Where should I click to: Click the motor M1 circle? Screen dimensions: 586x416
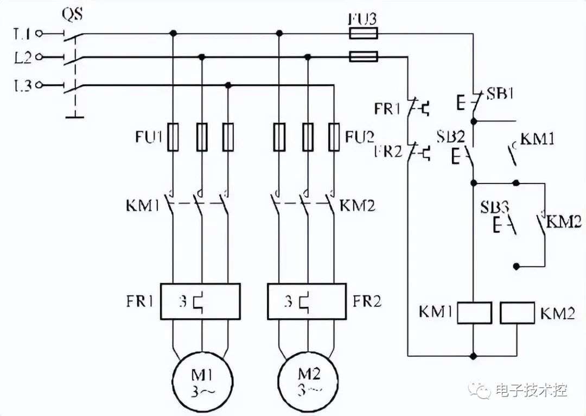click(173, 382)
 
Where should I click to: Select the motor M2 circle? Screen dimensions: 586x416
click(279, 382)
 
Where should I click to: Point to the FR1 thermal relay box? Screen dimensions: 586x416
click(200, 283)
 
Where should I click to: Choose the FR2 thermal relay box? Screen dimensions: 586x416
click(307, 283)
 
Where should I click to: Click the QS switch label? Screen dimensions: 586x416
click(72, 14)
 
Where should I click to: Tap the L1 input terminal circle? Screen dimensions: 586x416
click(39, 34)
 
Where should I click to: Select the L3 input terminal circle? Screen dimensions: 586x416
click(39, 85)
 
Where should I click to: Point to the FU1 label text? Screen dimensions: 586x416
click(148, 137)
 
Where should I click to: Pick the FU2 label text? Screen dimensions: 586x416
click(360, 137)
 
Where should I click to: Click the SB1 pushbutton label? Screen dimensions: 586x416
click(500, 93)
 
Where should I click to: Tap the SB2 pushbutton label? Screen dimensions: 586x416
click(451, 137)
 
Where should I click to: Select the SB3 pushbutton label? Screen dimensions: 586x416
click(494, 207)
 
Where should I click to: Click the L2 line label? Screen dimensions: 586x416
click(23, 58)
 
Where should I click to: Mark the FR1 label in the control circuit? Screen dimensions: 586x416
click(387, 109)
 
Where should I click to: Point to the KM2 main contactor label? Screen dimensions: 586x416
click(357, 205)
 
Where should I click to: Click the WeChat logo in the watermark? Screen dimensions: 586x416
click(480, 390)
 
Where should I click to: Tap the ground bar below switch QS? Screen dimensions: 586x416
click(75, 117)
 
